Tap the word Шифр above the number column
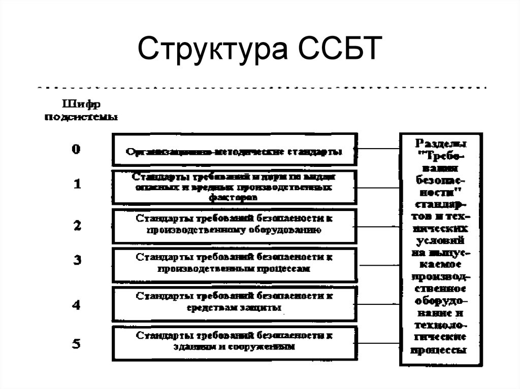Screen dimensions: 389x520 (x=81, y=104)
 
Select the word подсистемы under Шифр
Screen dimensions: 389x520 (x=82, y=118)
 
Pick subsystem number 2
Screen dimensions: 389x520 (x=77, y=226)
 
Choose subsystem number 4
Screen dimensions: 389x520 (x=77, y=305)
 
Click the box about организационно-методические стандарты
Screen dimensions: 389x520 (x=234, y=150)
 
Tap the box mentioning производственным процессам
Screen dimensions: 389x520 (x=234, y=264)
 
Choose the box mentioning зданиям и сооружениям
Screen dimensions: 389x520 (x=234, y=342)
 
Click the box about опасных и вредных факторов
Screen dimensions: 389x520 (x=234, y=187)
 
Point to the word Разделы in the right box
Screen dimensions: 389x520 (x=441, y=144)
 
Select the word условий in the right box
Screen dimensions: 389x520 (x=441, y=239)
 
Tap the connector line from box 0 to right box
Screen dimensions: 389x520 (x=378, y=149)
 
